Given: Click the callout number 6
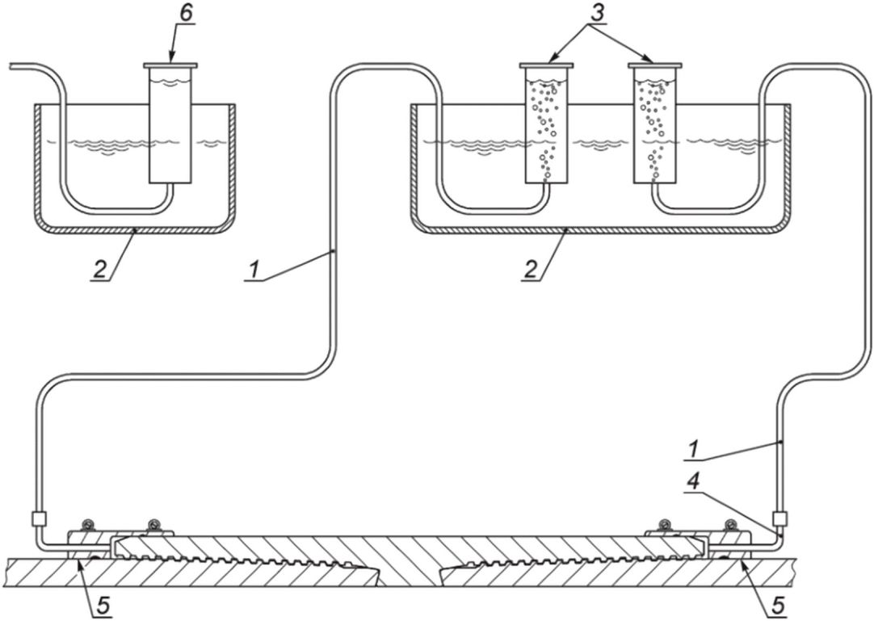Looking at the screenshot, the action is (186, 15).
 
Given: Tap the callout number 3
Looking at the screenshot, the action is (597, 14).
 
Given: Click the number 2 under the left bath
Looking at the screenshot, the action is (99, 270).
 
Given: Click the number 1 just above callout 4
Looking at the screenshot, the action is (692, 450).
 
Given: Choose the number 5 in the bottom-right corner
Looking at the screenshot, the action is (778, 606).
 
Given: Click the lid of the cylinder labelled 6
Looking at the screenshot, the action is (170, 65).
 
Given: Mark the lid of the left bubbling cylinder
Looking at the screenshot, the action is (546, 65).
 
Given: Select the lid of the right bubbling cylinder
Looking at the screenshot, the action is (655, 65).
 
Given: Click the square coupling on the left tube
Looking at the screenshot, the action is (39, 519).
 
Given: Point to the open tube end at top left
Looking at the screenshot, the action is (11, 65).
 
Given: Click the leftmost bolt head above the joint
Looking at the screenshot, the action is (87, 524).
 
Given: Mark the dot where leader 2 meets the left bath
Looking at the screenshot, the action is (135, 229).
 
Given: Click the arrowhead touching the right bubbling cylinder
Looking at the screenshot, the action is (648, 59).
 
